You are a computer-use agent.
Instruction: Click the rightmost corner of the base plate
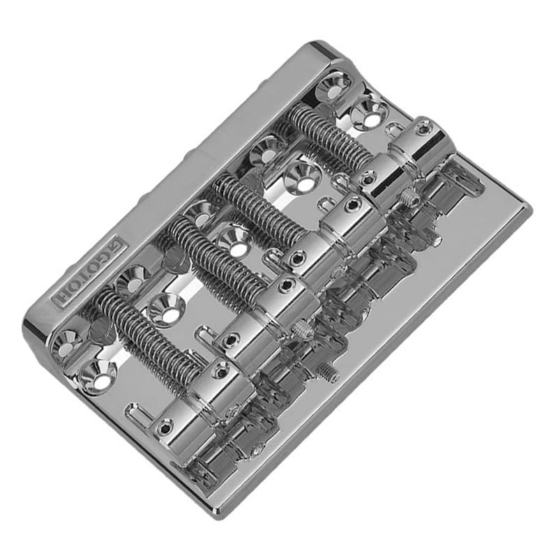tap(529, 209)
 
